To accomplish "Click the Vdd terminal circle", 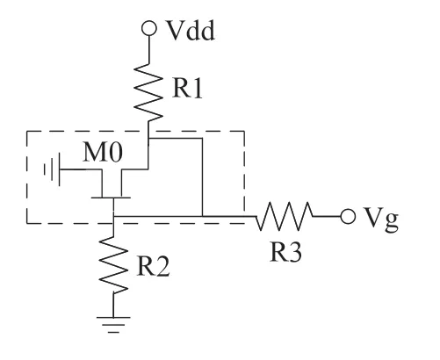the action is (149, 28).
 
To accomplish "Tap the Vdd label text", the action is (191, 31).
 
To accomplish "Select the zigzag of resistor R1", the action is (148, 92).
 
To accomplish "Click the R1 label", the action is (187, 88).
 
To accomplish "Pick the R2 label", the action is (153, 266).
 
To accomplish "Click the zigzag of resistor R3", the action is (285, 216).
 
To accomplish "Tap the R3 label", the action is (285, 251).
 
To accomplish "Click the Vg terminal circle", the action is (348, 217).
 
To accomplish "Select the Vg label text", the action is (381, 219).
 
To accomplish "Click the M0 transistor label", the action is (103, 152).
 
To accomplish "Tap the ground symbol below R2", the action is (113, 325).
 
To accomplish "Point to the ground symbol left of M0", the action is (52, 169).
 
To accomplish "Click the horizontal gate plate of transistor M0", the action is (111, 198).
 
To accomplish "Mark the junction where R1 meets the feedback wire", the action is (148, 138).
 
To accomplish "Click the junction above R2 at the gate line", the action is (113, 217).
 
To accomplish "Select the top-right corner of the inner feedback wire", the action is (202, 138).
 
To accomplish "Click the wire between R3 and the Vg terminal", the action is (327, 217).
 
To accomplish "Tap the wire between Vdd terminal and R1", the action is (149, 49).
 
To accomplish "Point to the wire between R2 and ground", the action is (113, 305).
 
